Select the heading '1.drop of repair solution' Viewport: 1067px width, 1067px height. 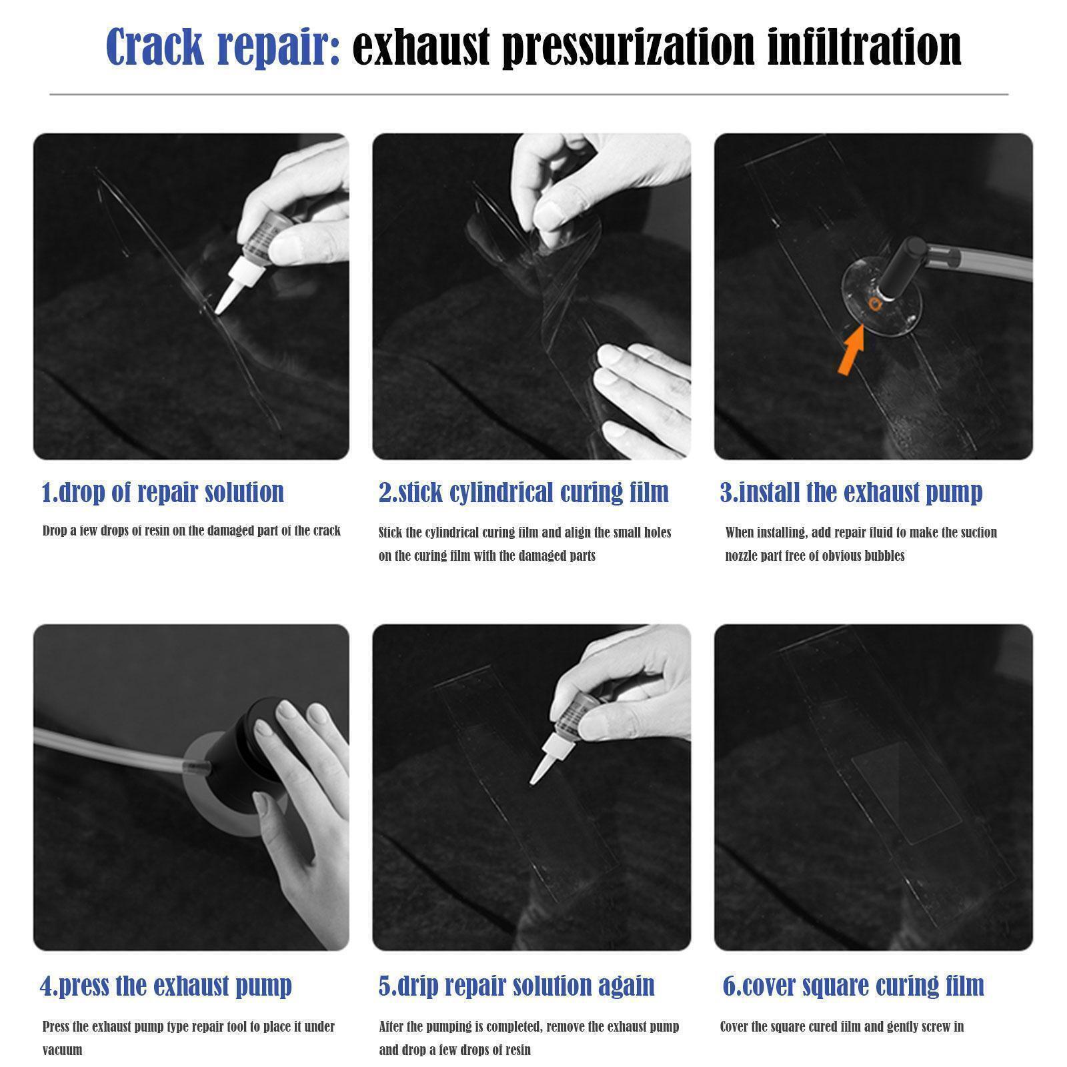click(x=163, y=492)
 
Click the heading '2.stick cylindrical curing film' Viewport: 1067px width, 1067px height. click(x=523, y=492)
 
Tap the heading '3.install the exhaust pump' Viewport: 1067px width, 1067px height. click(x=851, y=492)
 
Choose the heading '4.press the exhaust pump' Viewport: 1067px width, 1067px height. click(x=166, y=986)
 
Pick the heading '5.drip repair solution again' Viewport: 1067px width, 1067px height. click(x=517, y=986)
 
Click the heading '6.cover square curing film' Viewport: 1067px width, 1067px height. click(x=854, y=986)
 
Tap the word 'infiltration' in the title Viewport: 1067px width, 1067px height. click(x=864, y=47)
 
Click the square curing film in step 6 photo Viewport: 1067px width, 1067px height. click(x=907, y=792)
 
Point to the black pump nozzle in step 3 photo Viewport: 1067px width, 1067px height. click(x=903, y=267)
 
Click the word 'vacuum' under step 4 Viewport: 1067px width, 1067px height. click(x=63, y=1050)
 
